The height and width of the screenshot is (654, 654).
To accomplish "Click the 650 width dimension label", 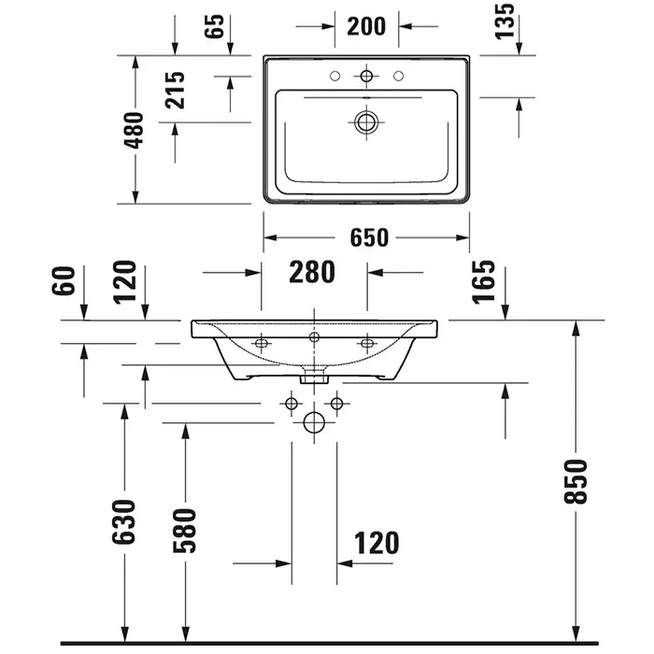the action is [369, 237].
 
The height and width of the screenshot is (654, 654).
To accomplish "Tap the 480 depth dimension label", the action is [135, 130].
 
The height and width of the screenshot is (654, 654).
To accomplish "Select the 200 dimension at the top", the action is [366, 26].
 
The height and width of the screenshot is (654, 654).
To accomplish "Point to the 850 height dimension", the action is [576, 482].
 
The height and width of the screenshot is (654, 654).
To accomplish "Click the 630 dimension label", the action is [124, 521].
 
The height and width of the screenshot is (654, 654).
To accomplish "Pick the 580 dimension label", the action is [184, 531].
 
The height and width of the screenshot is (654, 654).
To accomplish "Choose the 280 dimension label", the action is [312, 272].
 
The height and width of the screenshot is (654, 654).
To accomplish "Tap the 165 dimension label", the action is [483, 281].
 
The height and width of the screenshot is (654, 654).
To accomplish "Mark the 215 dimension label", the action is [175, 90].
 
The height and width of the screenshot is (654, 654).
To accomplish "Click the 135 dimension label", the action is [505, 21].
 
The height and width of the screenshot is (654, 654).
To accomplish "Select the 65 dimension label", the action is [214, 26].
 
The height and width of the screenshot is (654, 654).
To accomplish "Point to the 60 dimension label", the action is [64, 280].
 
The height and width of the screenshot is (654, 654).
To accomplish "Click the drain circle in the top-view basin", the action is [366, 122].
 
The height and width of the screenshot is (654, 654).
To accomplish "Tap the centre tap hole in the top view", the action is [366, 76].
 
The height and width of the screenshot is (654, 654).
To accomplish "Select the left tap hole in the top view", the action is [334, 76].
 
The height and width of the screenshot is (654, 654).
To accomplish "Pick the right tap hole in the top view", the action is [398, 76].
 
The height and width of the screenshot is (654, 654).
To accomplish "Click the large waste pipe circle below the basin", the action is [314, 422].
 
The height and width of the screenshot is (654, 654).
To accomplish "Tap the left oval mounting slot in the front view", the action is [261, 343].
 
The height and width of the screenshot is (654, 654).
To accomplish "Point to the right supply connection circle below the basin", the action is [336, 404].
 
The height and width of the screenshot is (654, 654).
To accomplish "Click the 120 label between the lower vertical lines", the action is [377, 543].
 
